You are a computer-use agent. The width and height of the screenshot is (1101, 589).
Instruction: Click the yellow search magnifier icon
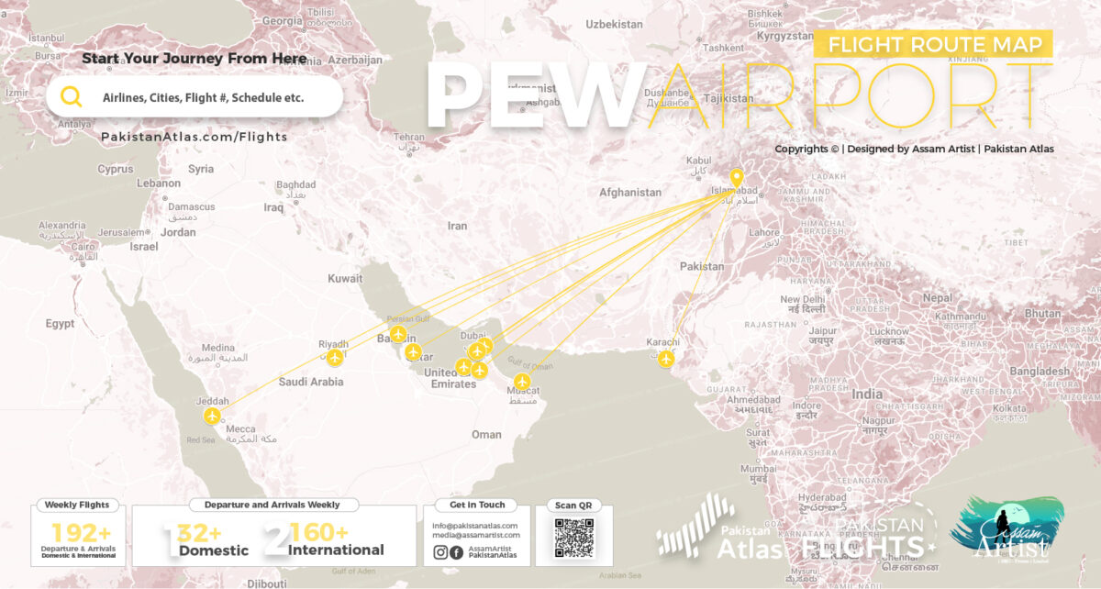(72, 96)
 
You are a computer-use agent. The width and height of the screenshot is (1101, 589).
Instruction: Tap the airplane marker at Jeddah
(213, 417)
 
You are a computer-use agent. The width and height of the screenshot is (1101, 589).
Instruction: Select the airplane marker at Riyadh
(335, 357)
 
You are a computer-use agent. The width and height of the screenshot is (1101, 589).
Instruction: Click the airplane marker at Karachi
(666, 358)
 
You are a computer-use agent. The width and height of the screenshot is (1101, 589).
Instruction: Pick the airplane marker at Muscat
(522, 381)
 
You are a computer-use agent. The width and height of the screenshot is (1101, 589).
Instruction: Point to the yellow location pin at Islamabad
(736, 178)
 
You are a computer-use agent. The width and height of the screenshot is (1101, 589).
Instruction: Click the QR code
(573, 538)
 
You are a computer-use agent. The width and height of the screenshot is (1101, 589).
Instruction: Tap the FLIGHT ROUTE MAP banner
(933, 44)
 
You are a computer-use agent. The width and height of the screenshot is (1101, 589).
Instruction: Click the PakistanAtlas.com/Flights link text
(194, 137)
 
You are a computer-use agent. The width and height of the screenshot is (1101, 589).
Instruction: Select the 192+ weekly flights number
(81, 533)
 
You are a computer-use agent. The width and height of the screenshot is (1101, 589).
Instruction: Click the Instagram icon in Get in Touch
(440, 552)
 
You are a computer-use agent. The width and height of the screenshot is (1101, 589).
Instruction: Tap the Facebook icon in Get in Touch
(456, 552)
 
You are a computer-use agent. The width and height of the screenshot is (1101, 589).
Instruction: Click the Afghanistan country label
(629, 193)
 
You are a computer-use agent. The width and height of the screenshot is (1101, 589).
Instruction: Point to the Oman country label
(486, 435)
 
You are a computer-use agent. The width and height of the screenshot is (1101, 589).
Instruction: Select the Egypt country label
(61, 324)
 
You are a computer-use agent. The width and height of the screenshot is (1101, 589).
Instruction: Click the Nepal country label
(937, 298)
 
